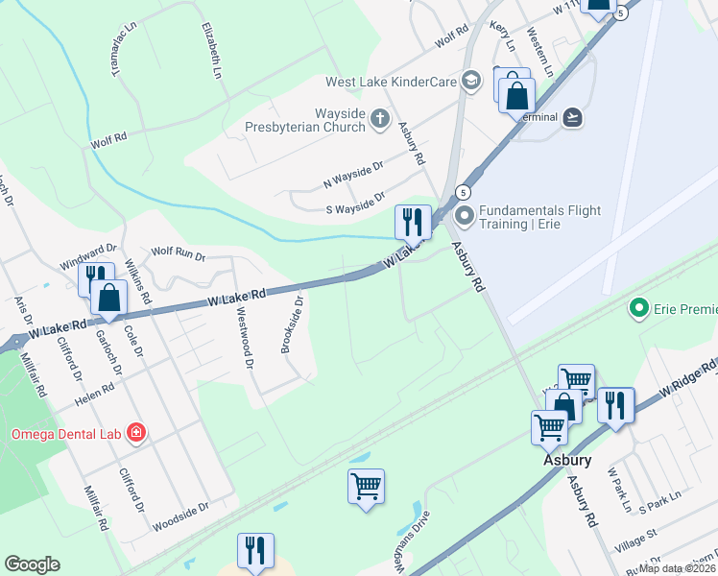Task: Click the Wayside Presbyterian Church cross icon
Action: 380,119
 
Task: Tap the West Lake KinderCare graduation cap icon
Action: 470,82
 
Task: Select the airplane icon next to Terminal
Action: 574,116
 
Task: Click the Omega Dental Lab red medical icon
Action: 136,433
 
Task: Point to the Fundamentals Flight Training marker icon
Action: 465,214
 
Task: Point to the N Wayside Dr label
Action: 353,173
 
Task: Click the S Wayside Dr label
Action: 355,202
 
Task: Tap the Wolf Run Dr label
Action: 179,255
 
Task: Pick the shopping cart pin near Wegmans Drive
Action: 366,487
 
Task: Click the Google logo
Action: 32,564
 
